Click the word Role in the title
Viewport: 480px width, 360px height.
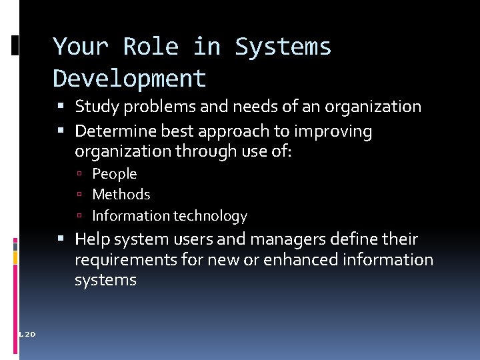coord(151,47)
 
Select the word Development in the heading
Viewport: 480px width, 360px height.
coord(129,79)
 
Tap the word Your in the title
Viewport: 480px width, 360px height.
coord(81,47)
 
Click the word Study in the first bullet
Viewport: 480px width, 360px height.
coord(95,107)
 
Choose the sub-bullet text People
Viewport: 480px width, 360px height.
coord(114,174)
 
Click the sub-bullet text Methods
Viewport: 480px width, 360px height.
coord(121,195)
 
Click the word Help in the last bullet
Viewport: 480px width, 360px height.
coord(91,239)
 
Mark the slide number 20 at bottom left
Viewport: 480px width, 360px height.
coord(29,333)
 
